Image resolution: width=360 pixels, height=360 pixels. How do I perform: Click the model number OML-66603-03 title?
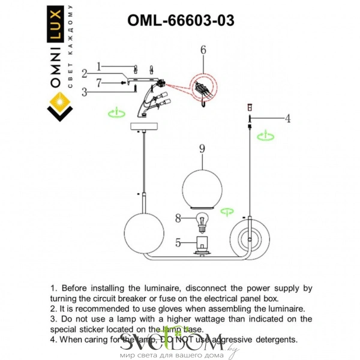pyautogui.click(x=181, y=20)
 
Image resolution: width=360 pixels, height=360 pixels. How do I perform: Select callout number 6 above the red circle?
pyautogui.click(x=203, y=50)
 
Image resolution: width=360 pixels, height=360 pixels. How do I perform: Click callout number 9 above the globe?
pyautogui.click(x=202, y=148)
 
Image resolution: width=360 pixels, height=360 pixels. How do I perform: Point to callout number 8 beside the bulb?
pyautogui.click(x=178, y=219)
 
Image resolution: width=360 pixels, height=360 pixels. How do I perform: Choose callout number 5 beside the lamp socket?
pyautogui.click(x=178, y=243)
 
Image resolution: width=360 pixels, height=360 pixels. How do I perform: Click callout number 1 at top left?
pyautogui.click(x=100, y=67)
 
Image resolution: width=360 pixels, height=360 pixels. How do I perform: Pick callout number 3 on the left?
pyautogui.click(x=85, y=92)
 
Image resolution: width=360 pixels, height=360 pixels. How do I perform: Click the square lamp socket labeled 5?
pyautogui.click(x=203, y=244)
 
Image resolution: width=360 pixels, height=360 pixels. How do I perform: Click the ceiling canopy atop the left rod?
pyautogui.click(x=144, y=127)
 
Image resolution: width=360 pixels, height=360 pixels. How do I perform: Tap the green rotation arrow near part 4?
pyautogui.click(x=264, y=136)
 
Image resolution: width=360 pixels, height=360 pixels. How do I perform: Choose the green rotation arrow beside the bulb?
pyautogui.click(x=227, y=211)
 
